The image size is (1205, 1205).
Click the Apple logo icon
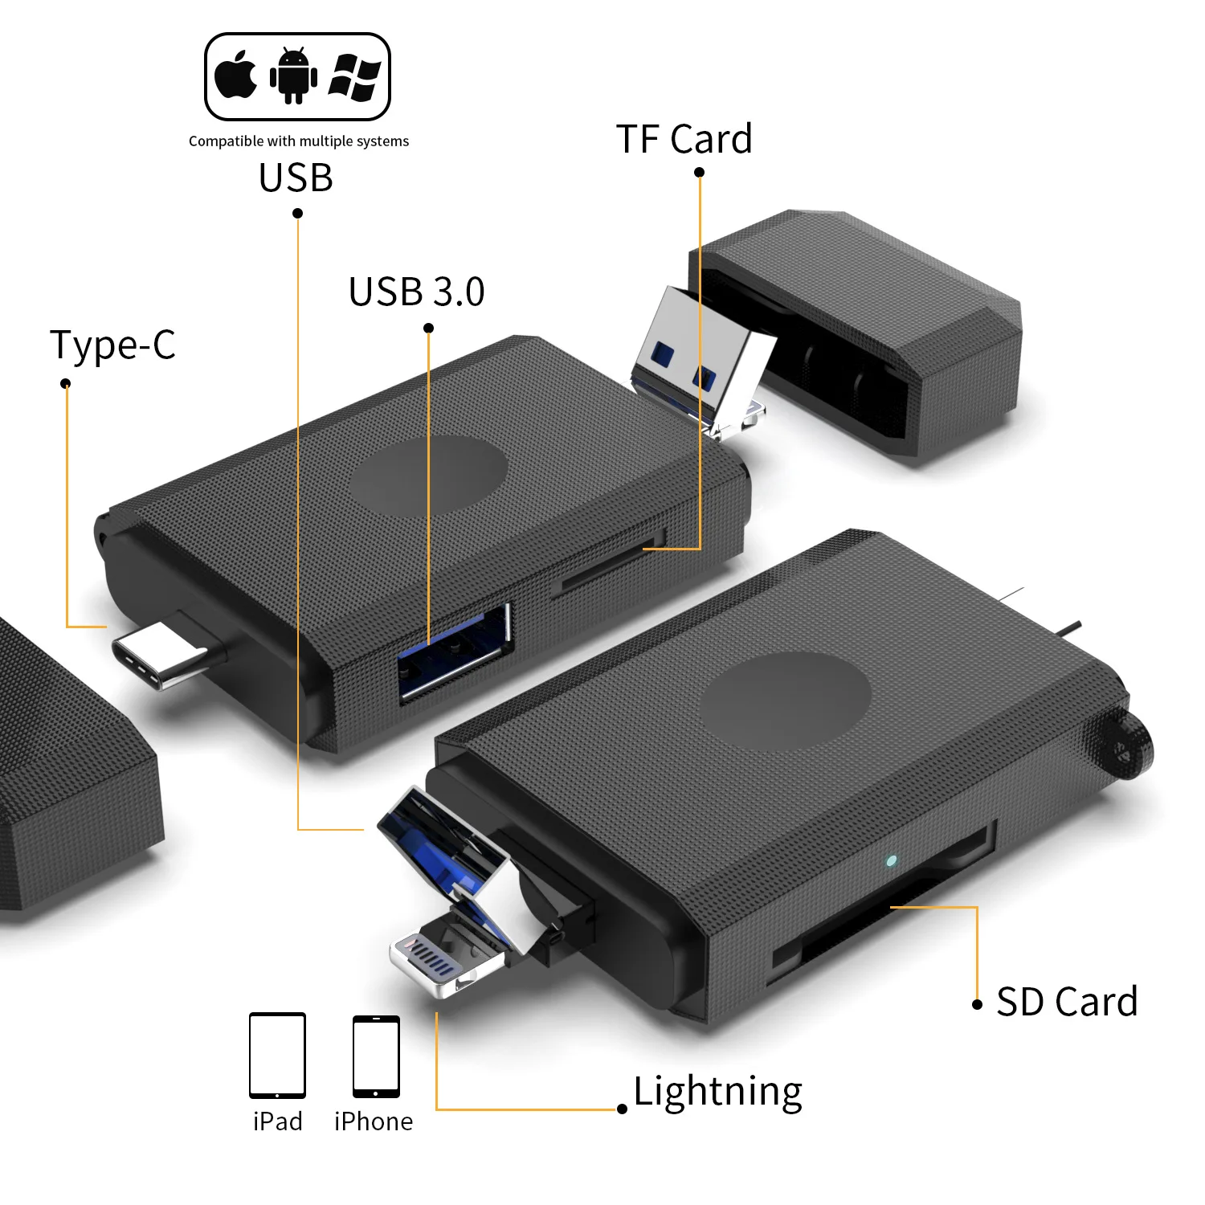click(235, 76)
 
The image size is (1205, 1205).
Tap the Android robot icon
click(293, 76)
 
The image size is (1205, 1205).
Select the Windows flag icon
click(354, 77)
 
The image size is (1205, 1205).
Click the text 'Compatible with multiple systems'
click(298, 141)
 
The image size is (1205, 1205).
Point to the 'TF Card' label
click(684, 139)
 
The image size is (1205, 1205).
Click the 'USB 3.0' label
click(416, 292)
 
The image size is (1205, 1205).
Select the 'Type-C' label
click(112, 345)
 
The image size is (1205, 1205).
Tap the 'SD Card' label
click(1066, 1002)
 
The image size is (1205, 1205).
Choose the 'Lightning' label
click(717, 1092)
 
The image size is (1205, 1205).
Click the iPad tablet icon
click(277, 1056)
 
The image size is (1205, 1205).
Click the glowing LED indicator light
click(890, 861)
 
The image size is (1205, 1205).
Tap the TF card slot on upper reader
click(611, 566)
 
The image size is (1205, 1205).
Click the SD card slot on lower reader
click(884, 908)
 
